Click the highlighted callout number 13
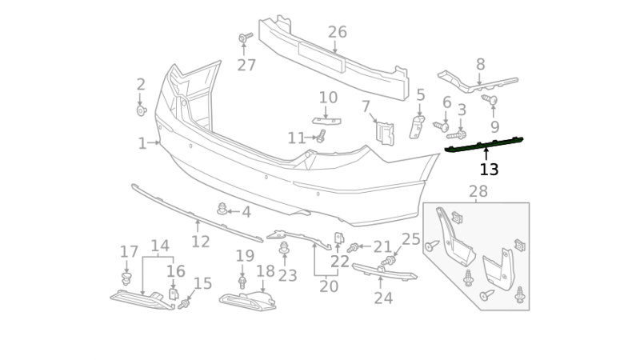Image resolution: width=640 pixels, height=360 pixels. point(489,170)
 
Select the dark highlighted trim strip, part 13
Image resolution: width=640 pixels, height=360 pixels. point(484,145)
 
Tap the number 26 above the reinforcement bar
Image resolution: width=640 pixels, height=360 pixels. point(337,32)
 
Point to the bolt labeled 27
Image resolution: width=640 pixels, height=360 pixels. point(245,38)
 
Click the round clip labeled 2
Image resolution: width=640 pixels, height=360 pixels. point(142,110)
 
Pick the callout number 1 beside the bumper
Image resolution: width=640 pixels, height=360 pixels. point(142,143)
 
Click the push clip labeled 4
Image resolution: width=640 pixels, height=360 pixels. point(222,209)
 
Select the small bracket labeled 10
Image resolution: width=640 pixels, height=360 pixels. point(326,121)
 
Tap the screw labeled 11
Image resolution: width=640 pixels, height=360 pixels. point(322,136)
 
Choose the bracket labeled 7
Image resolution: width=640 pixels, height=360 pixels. point(385,133)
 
